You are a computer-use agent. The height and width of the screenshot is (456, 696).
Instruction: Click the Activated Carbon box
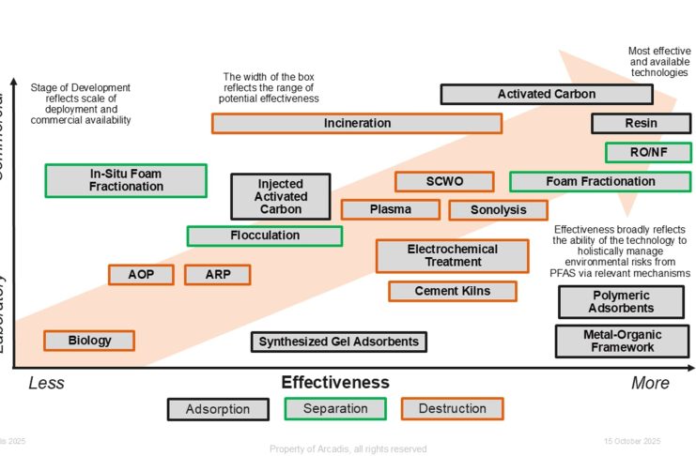pos(533,94)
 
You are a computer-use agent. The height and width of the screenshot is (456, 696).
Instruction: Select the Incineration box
pos(357,123)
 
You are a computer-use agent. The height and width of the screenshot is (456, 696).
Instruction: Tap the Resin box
pos(641,123)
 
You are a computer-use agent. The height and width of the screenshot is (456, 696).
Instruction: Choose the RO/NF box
pos(648,152)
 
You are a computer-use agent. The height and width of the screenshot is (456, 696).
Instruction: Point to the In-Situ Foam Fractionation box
pos(126,180)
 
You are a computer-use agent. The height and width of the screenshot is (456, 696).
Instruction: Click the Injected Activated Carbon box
pos(281,196)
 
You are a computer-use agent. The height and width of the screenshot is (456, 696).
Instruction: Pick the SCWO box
pos(443,181)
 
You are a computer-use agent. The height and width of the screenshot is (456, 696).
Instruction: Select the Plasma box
pos(390,209)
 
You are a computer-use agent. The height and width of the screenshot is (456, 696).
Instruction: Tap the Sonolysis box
pos(498,210)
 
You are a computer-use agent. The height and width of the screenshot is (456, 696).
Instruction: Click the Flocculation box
pos(265,236)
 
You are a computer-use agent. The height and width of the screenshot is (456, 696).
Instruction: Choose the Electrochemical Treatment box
pos(452,255)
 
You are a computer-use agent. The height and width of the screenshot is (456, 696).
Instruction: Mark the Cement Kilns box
pos(452,291)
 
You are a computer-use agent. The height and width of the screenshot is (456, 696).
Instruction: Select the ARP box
pos(217,274)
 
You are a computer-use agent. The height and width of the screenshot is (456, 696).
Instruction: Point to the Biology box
pos(89,341)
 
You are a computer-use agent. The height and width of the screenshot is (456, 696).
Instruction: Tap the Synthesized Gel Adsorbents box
pos(338,342)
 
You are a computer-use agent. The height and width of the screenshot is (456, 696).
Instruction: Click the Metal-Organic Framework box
pos(622,341)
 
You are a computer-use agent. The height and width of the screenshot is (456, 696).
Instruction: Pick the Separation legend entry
pos(335,409)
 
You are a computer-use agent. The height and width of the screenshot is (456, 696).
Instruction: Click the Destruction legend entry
pos(452,409)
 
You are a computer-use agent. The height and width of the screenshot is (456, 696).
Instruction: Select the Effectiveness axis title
pos(335,382)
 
